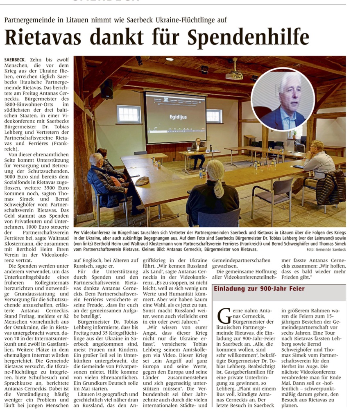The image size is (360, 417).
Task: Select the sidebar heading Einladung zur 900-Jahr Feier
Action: [259, 289]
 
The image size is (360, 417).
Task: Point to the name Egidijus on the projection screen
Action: [178, 117]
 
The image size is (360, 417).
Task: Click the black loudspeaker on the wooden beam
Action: [107, 89]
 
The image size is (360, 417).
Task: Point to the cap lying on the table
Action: [142, 180]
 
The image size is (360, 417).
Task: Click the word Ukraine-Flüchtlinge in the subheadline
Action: [192, 20]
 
